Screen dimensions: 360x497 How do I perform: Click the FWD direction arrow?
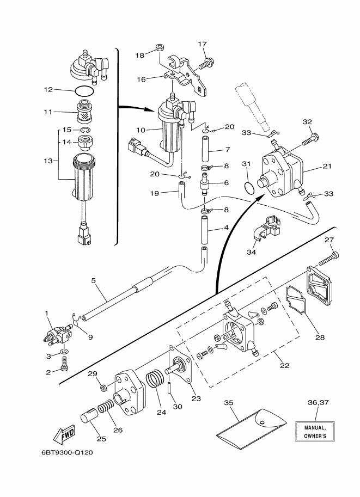coord(64,434)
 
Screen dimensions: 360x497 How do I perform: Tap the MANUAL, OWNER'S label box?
coord(315,431)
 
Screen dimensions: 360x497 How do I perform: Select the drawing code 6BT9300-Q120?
coord(67,452)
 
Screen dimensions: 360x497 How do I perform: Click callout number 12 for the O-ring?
coord(48,90)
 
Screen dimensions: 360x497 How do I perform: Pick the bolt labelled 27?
coord(328,259)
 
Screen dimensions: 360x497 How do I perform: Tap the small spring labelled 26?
coord(106,407)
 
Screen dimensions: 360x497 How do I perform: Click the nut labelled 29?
coord(103,388)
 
